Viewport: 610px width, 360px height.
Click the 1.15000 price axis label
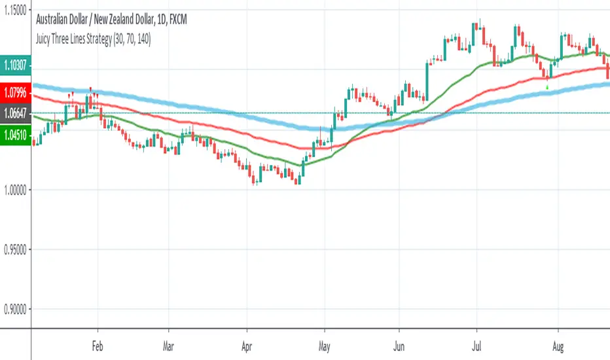point(16,10)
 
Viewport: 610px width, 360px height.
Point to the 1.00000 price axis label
point(16,190)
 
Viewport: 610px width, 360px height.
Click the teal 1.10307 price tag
point(16,65)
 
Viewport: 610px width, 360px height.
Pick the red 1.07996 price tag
point(16,92)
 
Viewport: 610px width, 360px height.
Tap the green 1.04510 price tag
point(16,136)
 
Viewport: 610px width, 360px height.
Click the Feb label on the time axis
point(98,344)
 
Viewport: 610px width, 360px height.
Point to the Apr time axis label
point(247,344)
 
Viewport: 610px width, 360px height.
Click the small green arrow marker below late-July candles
point(547,86)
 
